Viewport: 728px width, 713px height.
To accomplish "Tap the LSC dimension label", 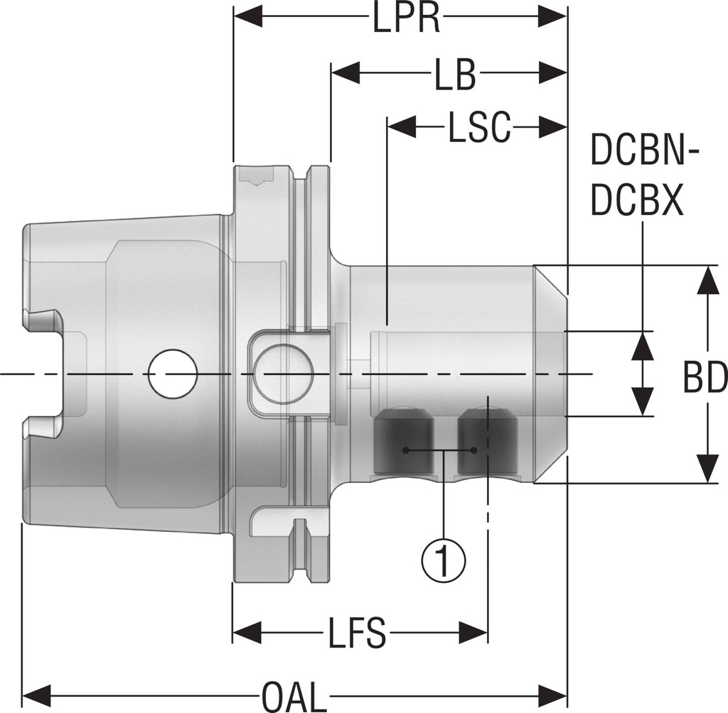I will point(479,129).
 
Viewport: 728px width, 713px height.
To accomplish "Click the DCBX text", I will point(638,202).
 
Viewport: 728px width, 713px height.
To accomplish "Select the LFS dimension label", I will point(357,633).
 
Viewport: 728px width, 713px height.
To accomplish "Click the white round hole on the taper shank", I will point(172,373).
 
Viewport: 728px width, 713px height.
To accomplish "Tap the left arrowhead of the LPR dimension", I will point(248,16).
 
